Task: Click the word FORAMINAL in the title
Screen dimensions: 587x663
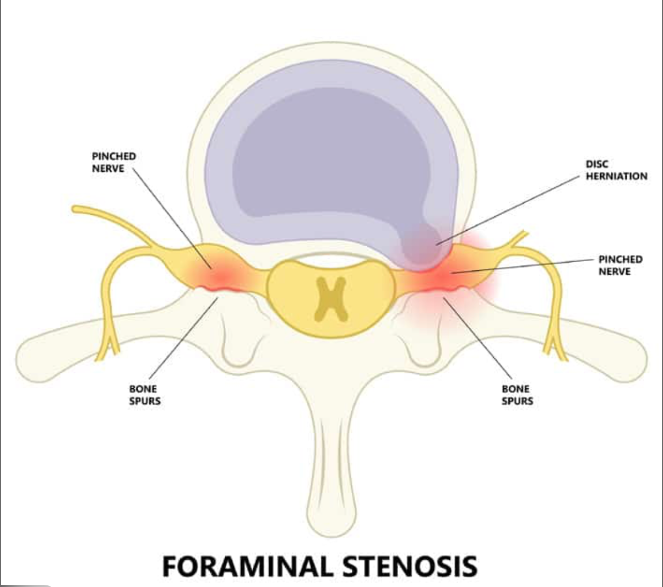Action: point(247,566)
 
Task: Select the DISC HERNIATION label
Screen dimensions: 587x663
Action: point(616,170)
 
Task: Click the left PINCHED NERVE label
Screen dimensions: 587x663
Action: point(113,162)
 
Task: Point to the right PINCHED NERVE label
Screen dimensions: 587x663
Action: point(620,265)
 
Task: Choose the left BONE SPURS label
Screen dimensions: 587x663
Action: point(145,395)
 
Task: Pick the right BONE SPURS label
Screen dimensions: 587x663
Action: point(517,395)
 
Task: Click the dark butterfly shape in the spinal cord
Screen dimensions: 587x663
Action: point(330,300)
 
